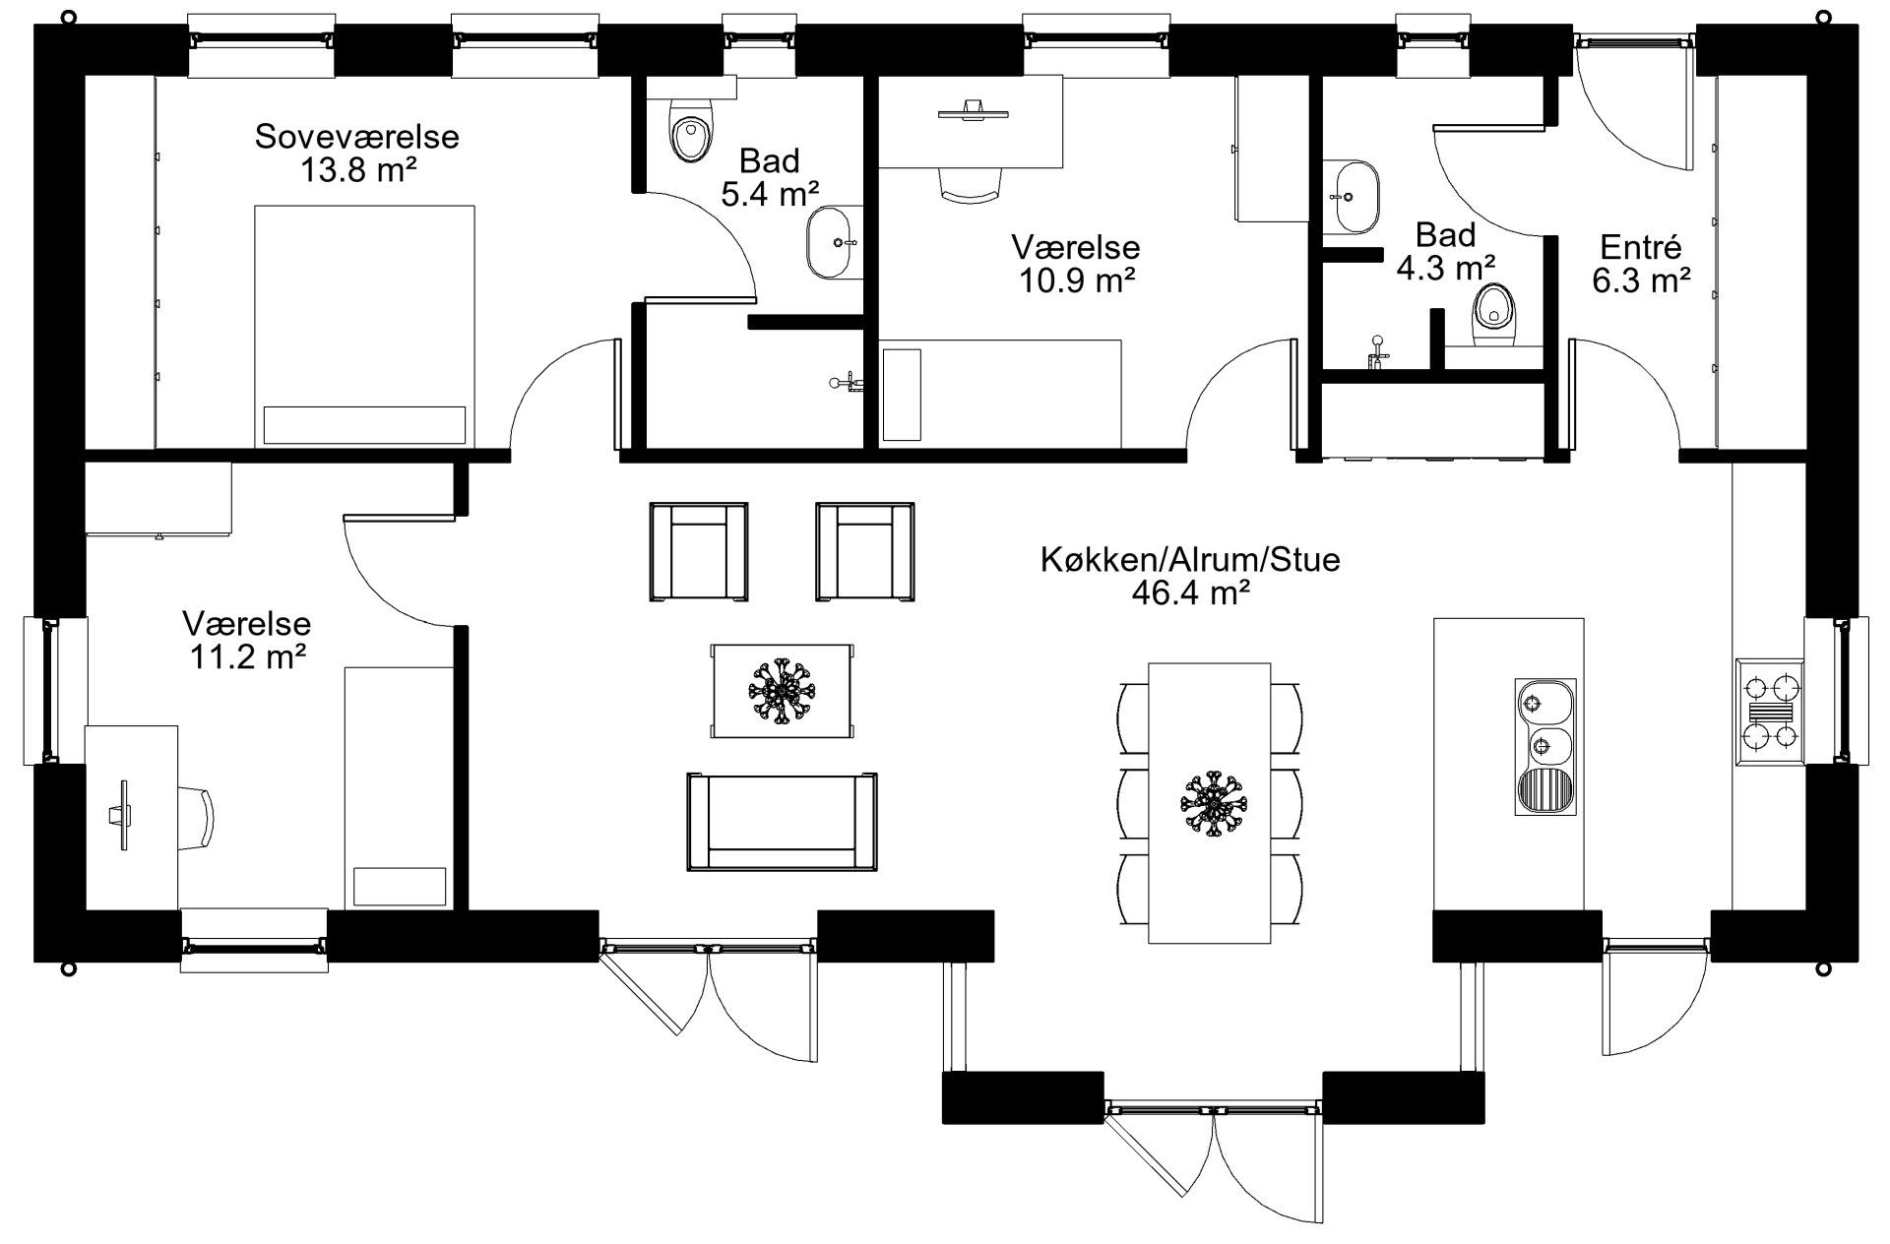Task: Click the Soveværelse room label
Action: pyautogui.click(x=357, y=137)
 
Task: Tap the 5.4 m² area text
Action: pyautogui.click(x=771, y=194)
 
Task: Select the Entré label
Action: pyautogui.click(x=1641, y=246)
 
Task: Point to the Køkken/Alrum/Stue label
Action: pyautogui.click(x=1191, y=560)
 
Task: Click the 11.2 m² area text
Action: pyautogui.click(x=246, y=656)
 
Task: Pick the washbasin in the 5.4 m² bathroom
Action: pyautogui.click(x=833, y=242)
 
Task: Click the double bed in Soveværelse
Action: pyautogui.click(x=364, y=327)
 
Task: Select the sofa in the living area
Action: pyautogui.click(x=782, y=822)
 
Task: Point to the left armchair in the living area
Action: pyautogui.click(x=698, y=551)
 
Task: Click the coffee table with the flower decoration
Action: pyautogui.click(x=783, y=691)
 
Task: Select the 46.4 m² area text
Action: pyautogui.click(x=1191, y=593)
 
